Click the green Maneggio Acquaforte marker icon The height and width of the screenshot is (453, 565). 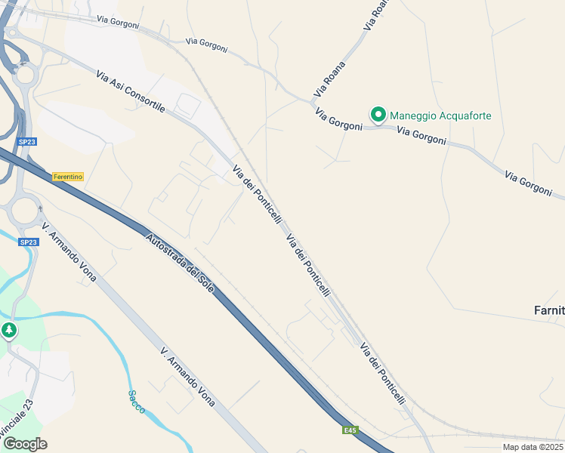click(378, 115)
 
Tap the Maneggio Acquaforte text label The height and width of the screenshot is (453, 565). click(440, 116)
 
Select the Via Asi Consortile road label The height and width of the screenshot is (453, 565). click(131, 91)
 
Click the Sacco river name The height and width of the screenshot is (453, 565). click(136, 401)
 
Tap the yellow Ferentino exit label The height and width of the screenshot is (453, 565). click(68, 177)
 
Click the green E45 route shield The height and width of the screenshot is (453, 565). click(349, 430)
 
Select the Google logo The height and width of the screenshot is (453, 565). click(25, 444)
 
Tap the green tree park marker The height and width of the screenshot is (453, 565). click(8, 331)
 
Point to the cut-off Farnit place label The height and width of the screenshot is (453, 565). click(548, 310)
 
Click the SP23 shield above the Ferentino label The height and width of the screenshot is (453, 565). click(27, 141)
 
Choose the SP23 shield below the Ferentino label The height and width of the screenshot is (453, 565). click(28, 242)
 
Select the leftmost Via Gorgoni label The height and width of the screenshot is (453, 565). click(119, 23)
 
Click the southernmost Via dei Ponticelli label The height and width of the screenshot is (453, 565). click(383, 374)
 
